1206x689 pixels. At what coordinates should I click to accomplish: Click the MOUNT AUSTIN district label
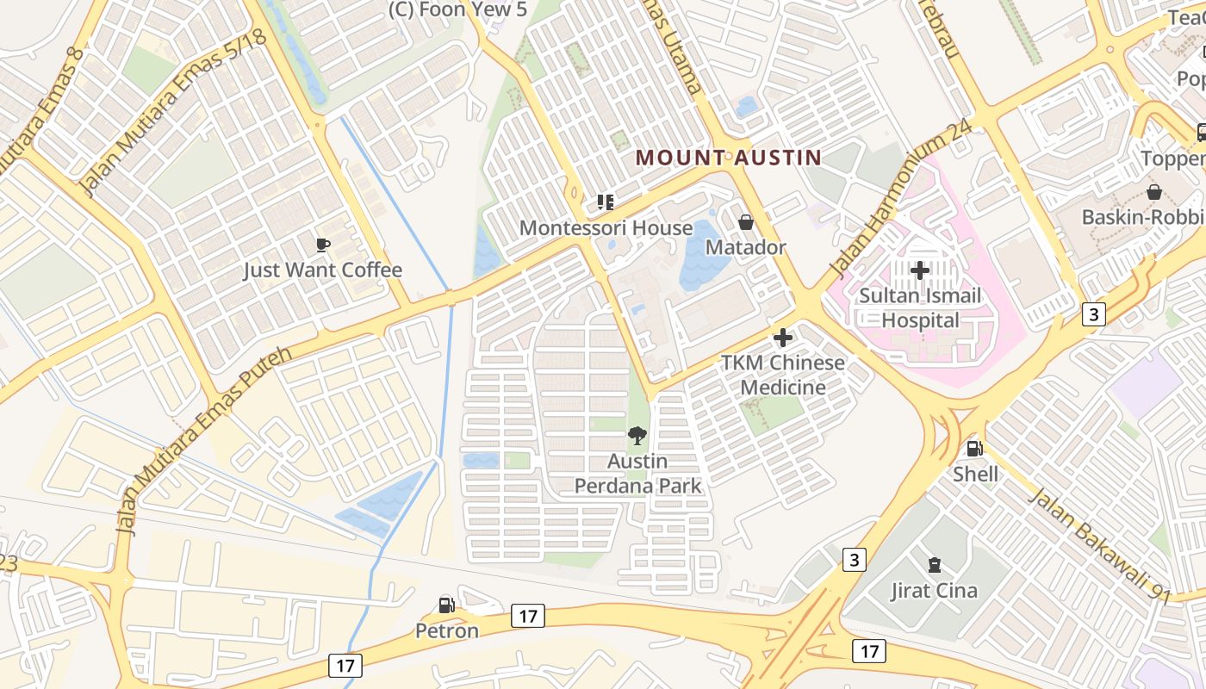[x=728, y=158]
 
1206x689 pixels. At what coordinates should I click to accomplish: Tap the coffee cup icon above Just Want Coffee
[x=323, y=245]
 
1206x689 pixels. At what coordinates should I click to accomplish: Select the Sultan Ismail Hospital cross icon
[x=919, y=270]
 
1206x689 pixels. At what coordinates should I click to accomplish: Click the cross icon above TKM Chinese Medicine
[x=783, y=338]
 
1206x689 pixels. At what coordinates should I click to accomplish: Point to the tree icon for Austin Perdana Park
[x=637, y=436]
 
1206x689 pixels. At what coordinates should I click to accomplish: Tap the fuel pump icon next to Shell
[x=975, y=449]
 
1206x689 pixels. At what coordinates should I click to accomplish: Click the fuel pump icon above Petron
[x=446, y=605]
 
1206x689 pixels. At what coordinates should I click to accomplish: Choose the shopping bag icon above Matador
[x=746, y=222]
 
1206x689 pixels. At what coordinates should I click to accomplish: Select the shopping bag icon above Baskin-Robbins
[x=1153, y=191]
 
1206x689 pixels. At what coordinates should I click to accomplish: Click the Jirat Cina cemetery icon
[x=934, y=566]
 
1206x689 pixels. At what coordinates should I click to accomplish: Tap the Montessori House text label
[x=606, y=228]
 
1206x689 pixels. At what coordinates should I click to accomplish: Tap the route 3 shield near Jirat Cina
[x=854, y=560]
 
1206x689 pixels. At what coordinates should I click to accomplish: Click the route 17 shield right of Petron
[x=527, y=616]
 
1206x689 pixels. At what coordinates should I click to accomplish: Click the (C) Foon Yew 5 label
[x=457, y=9]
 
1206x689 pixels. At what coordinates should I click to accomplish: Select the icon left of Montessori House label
[x=606, y=202]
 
